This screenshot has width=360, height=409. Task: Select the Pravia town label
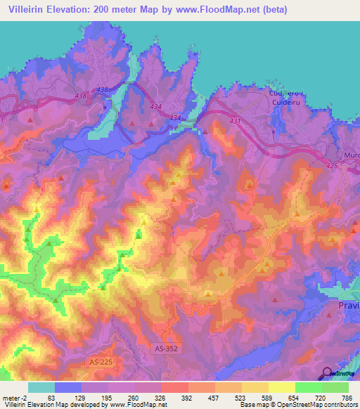[346, 307]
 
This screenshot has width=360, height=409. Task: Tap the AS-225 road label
[101, 362]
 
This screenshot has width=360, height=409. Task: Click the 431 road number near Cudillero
[235, 122]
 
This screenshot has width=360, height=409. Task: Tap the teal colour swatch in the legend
[41, 387]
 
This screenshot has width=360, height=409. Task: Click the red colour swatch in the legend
[174, 387]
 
